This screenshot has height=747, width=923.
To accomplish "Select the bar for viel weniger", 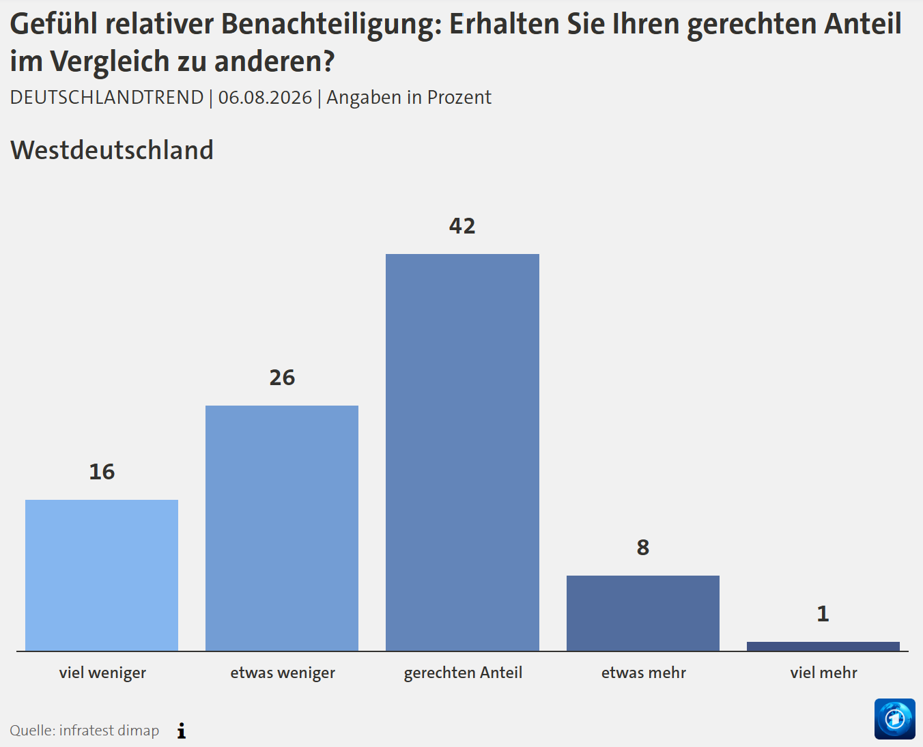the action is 102,575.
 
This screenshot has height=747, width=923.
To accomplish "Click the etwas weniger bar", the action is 282,528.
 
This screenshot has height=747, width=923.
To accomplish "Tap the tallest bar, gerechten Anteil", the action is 462,452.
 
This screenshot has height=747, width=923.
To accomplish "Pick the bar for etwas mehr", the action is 642,613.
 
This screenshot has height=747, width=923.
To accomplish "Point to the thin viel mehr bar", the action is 823,646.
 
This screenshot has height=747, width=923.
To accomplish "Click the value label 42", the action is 462,226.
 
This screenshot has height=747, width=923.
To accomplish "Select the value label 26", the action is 282,378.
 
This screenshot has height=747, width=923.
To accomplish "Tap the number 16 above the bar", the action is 102,471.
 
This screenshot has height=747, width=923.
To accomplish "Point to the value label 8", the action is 643,547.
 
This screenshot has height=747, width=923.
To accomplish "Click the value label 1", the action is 823,614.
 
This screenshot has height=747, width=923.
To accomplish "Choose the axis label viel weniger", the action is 102,673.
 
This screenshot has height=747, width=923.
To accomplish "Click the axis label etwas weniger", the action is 283,673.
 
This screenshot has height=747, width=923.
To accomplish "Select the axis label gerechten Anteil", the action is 463,673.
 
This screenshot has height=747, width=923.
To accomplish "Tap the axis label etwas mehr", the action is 644,673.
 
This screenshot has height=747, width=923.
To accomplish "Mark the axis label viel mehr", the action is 823,673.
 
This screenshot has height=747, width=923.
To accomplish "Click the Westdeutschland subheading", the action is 112,150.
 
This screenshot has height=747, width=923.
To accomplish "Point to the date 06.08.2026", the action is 265,98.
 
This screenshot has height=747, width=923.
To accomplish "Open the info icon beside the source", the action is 182,731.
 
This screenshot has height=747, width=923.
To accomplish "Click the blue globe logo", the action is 894,719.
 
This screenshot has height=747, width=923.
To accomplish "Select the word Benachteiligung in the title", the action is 332,25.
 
